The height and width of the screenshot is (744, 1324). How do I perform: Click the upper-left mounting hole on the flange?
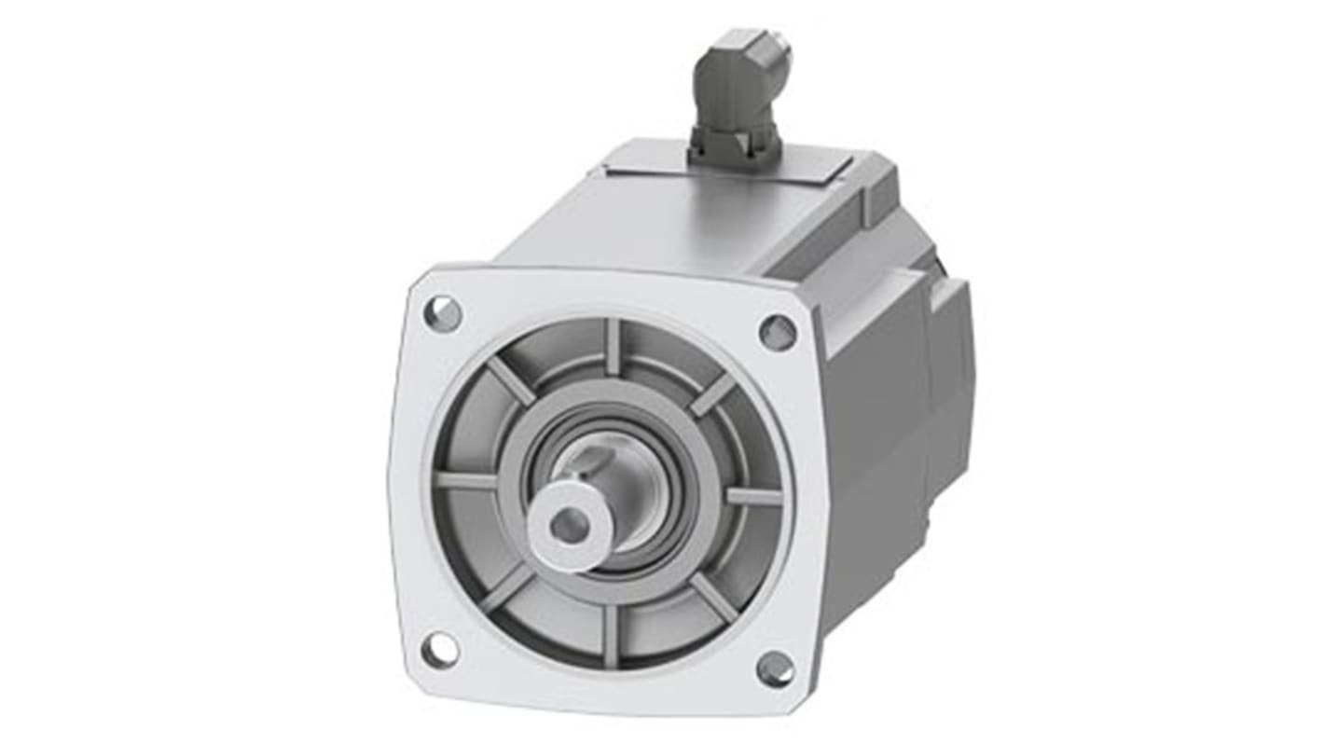443,313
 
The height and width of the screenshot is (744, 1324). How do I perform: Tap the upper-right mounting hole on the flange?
777,332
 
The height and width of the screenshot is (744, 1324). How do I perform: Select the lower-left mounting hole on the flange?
439,649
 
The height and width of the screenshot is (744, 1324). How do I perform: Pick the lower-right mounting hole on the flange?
775,668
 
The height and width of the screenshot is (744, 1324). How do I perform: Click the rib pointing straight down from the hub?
611,635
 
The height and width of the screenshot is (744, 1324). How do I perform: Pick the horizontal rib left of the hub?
466,480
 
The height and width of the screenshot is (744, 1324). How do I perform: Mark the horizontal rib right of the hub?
753,495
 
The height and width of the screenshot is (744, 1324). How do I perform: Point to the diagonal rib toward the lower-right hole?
713,597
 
